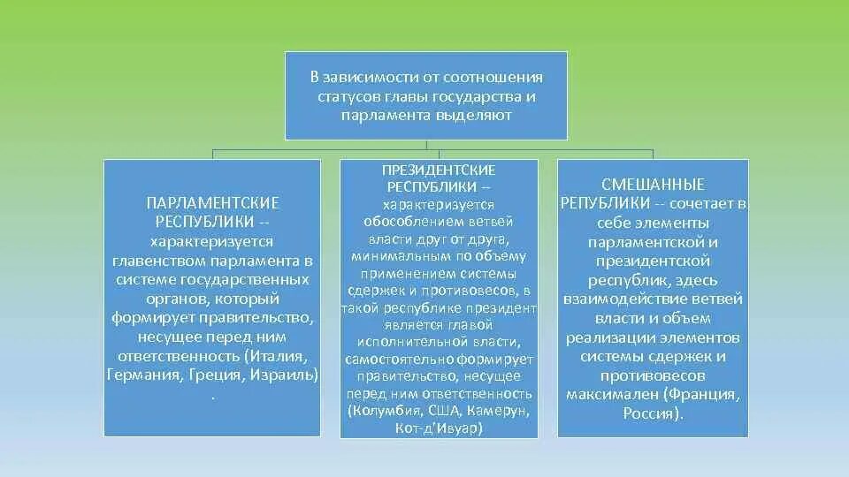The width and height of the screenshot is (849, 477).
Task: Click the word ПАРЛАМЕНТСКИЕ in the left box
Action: click(212, 202)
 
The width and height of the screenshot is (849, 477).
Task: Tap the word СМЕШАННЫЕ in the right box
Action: click(653, 185)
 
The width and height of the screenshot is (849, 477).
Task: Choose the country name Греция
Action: click(215, 375)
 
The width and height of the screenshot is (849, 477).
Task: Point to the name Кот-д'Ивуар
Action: click(439, 427)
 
